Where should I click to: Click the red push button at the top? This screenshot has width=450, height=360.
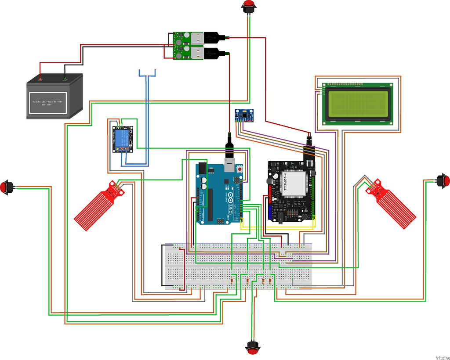pos(249,7)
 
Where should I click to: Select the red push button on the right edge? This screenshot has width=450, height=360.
pos(443,180)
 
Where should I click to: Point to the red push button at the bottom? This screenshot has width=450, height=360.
pos(253,349)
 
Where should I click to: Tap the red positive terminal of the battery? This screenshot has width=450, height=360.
pos(40,79)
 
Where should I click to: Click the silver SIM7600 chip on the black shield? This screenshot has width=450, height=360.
pos(291,184)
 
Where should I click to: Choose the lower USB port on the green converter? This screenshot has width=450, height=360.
pos(197,53)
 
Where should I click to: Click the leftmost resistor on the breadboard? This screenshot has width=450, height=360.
pos(232,281)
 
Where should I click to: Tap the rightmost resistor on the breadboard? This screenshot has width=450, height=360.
pos(270,281)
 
